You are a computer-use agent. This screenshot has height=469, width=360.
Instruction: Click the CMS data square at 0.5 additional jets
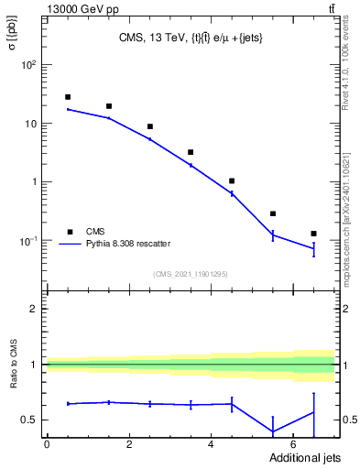(x=67, y=97)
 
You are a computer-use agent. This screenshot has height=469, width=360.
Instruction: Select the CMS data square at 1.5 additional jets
(x=108, y=106)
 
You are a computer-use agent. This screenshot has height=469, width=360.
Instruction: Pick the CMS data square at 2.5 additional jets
(x=149, y=126)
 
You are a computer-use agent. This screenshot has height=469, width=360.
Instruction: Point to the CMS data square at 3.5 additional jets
(x=191, y=152)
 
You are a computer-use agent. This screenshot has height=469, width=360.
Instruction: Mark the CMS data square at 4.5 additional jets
(x=232, y=181)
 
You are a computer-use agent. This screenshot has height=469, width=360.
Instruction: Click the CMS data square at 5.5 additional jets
(x=273, y=213)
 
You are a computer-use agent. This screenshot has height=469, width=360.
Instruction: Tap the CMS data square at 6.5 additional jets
(x=314, y=234)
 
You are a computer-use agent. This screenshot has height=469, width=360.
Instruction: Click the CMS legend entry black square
(x=70, y=232)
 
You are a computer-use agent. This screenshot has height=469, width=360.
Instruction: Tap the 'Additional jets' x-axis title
(x=294, y=456)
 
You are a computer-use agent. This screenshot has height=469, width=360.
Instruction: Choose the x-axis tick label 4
(x=212, y=444)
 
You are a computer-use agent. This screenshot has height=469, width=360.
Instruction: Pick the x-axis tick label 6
(x=294, y=444)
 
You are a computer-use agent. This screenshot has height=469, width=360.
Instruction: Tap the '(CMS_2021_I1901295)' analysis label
(x=190, y=274)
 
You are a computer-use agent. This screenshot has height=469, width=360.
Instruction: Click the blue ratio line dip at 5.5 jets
(x=273, y=431)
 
